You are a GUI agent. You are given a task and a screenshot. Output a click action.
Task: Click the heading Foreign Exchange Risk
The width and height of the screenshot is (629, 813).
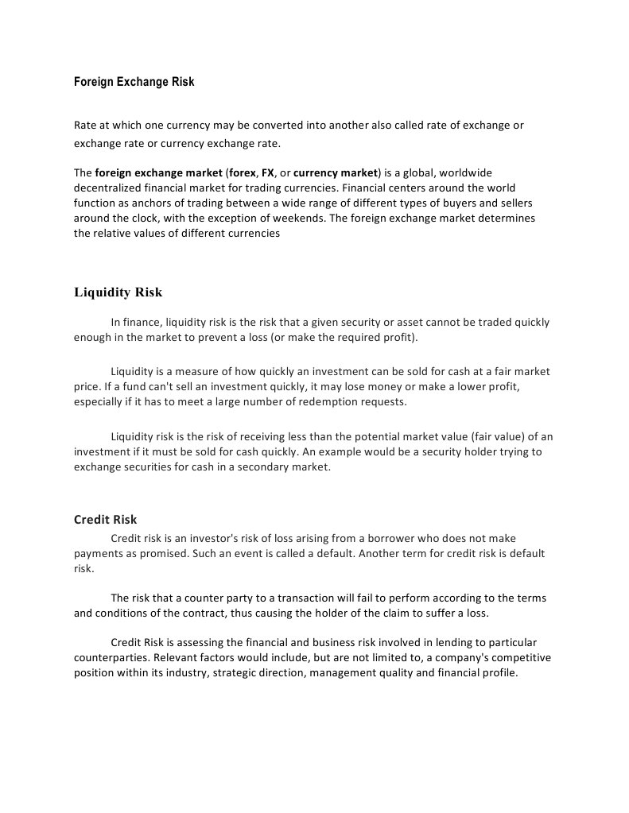134,82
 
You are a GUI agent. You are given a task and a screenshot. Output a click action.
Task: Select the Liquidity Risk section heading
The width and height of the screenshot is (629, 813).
118,292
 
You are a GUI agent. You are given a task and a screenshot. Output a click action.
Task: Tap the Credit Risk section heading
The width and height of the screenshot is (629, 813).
105,520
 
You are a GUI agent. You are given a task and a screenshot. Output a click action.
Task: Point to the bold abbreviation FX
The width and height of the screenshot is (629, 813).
268,172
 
